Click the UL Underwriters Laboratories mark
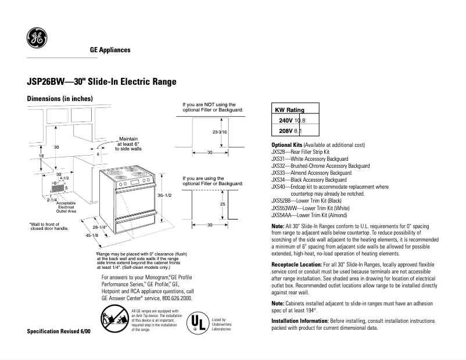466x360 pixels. [198, 323]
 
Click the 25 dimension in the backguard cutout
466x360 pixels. [222, 204]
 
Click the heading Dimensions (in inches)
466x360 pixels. [60, 99]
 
